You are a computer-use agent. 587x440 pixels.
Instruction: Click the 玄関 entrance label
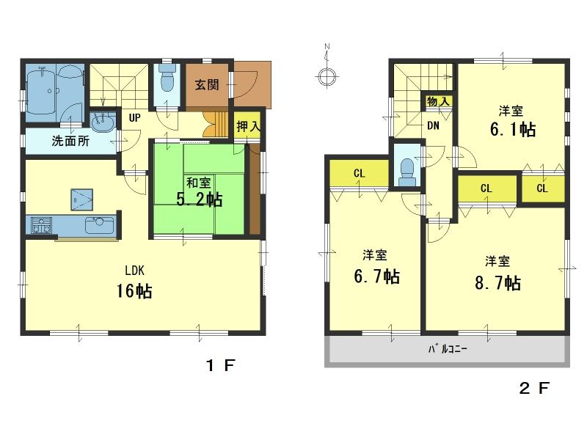pyautogui.click(x=206, y=84)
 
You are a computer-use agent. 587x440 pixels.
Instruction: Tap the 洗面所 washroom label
pyautogui.click(x=70, y=142)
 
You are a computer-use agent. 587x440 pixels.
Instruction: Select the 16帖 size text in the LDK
pyautogui.click(x=134, y=291)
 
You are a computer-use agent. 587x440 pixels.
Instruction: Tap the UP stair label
pyautogui.click(x=135, y=117)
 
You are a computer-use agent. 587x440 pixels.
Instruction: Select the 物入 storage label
pyautogui.click(x=438, y=101)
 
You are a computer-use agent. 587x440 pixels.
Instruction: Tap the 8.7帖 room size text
pyautogui.click(x=497, y=282)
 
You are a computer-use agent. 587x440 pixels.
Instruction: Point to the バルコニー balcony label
pyautogui.click(x=448, y=349)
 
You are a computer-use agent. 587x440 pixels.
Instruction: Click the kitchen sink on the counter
pyautogui.click(x=98, y=225)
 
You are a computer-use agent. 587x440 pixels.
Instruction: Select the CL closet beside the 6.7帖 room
pyautogui.click(x=359, y=173)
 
